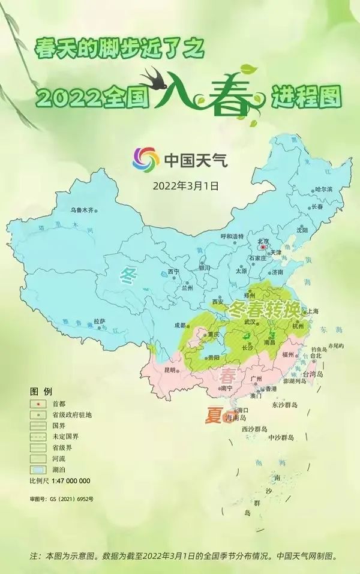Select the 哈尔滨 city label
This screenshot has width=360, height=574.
(323, 190)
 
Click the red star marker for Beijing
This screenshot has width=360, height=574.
(262, 246)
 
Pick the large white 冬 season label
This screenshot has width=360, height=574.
(128, 277)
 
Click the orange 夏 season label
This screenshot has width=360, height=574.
(214, 416)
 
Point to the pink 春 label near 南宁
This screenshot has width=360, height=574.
(229, 378)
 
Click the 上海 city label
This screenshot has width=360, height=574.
(313, 311)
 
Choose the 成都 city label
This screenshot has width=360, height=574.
(180, 325)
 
